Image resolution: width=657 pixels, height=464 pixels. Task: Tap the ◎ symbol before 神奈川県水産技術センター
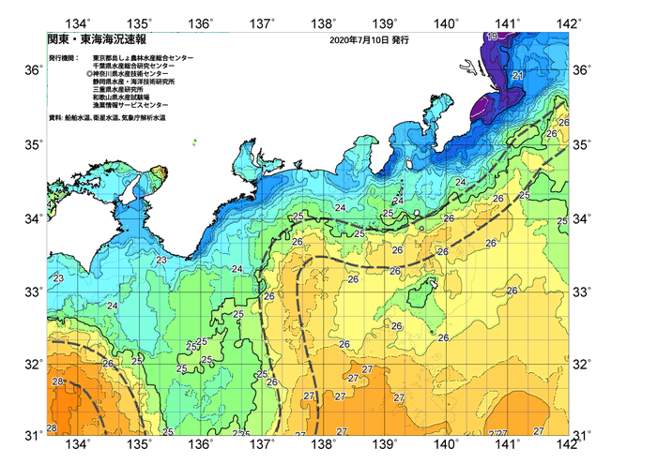coord(90,73)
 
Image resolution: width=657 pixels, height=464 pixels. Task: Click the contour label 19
coord(492,37)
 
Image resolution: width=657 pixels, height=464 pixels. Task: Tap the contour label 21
coord(517,75)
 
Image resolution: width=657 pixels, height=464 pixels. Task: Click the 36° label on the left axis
coord(32,70)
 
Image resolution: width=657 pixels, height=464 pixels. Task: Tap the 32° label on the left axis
coord(32,364)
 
